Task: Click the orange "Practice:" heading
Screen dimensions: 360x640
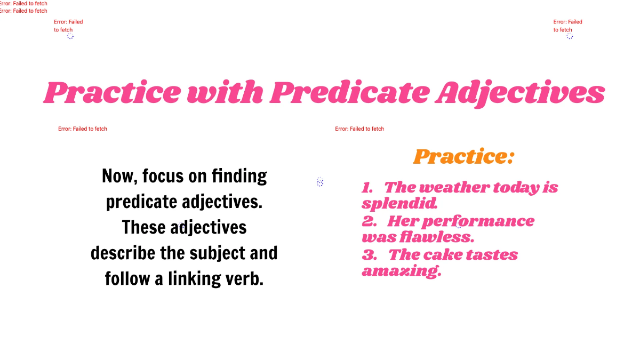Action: (x=463, y=156)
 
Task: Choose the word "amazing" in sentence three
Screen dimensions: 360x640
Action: (x=401, y=271)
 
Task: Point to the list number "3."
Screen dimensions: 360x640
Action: (x=369, y=255)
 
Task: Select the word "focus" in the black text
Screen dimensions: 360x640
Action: (x=163, y=176)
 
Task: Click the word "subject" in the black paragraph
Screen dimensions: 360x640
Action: (x=213, y=253)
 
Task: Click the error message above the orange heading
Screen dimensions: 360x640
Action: (x=359, y=129)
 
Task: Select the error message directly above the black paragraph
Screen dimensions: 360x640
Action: (x=83, y=129)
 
